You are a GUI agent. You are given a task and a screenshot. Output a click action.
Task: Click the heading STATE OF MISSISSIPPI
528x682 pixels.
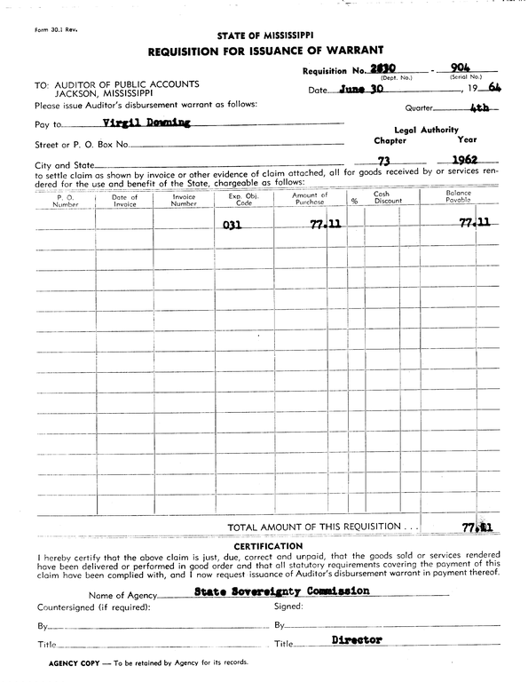click(264, 35)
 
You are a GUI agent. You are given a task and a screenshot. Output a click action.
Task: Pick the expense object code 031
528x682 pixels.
click(232, 226)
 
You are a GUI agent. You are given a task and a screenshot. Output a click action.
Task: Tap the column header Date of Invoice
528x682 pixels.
click(125, 200)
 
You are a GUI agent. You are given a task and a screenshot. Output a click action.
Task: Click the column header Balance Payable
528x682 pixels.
click(459, 197)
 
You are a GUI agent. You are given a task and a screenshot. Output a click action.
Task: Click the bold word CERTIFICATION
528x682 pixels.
click(264, 545)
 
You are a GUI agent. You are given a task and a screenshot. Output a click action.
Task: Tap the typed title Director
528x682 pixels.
click(357, 639)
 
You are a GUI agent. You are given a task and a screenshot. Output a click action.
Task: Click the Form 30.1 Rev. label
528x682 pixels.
click(56, 29)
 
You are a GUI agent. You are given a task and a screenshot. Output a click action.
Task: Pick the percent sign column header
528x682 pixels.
click(353, 201)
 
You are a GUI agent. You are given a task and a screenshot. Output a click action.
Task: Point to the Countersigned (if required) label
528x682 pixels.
click(93, 607)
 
